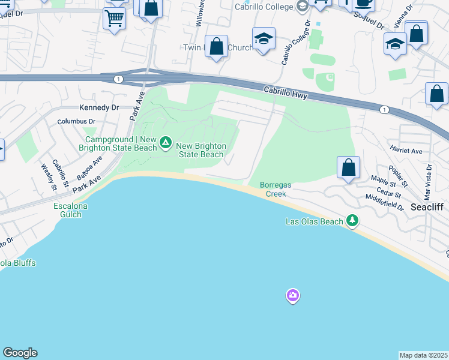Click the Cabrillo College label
263,7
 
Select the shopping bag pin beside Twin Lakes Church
216,46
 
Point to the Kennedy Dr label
100,107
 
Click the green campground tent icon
166,143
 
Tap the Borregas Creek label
276,190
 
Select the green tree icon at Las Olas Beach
353,221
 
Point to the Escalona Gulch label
71,210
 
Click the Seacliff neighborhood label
427,206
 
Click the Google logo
20,353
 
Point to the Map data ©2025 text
424,355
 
